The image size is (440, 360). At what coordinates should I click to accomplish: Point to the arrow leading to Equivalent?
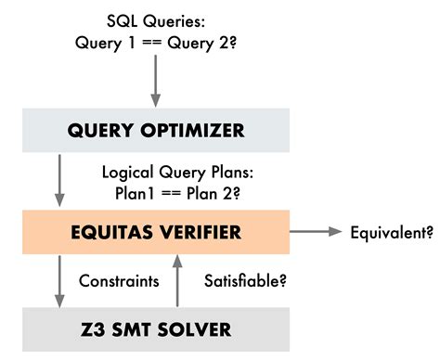316,231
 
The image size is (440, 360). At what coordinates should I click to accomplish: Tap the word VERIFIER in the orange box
204,231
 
